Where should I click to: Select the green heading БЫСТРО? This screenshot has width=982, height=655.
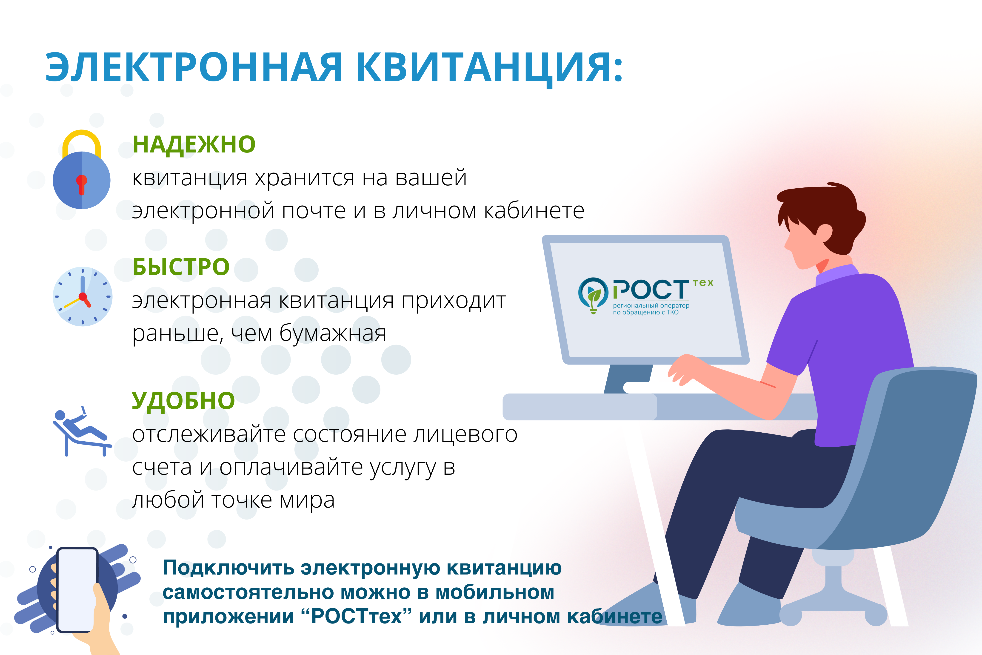(181, 267)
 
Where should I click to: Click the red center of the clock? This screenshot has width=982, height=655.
(83, 297)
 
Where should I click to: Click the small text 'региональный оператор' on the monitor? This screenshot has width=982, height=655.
(651, 305)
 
